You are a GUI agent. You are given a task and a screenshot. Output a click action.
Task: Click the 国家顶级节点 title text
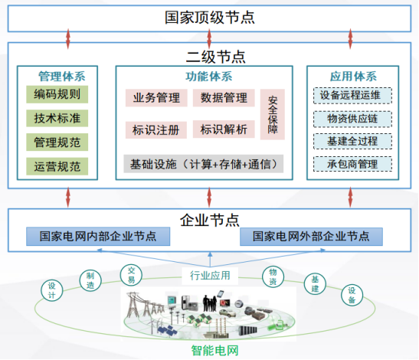(210, 18)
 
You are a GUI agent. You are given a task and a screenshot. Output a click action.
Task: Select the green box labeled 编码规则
(57, 94)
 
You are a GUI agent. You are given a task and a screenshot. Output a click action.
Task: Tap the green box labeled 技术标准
(57, 118)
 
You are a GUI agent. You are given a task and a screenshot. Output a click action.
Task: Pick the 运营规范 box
(57, 166)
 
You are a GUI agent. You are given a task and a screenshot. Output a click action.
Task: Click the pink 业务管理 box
(156, 98)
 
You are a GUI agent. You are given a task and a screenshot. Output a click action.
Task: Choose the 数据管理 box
(224, 98)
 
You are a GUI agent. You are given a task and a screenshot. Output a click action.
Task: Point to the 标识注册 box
(156, 130)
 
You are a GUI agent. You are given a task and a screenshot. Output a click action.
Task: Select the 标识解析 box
(224, 129)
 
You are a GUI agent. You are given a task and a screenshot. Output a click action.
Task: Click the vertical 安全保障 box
(273, 114)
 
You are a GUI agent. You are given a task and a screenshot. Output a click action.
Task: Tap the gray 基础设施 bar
(203, 164)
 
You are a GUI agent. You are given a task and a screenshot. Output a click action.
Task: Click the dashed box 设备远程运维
(352, 96)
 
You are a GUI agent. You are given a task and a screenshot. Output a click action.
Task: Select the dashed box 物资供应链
(352, 119)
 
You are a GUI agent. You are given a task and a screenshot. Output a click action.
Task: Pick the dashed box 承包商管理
(352, 164)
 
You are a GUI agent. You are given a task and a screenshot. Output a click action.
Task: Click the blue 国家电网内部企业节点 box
(98, 237)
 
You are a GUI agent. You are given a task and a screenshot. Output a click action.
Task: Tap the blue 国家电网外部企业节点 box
(311, 237)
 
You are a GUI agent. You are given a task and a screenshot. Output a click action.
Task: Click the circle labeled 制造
(90, 280)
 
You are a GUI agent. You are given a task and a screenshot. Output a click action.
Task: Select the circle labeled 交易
(131, 275)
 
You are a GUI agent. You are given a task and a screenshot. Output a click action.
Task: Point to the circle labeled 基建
(315, 284)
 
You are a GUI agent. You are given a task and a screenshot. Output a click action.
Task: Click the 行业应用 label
(210, 276)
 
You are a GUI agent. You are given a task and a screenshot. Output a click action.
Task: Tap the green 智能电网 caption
(214, 350)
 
